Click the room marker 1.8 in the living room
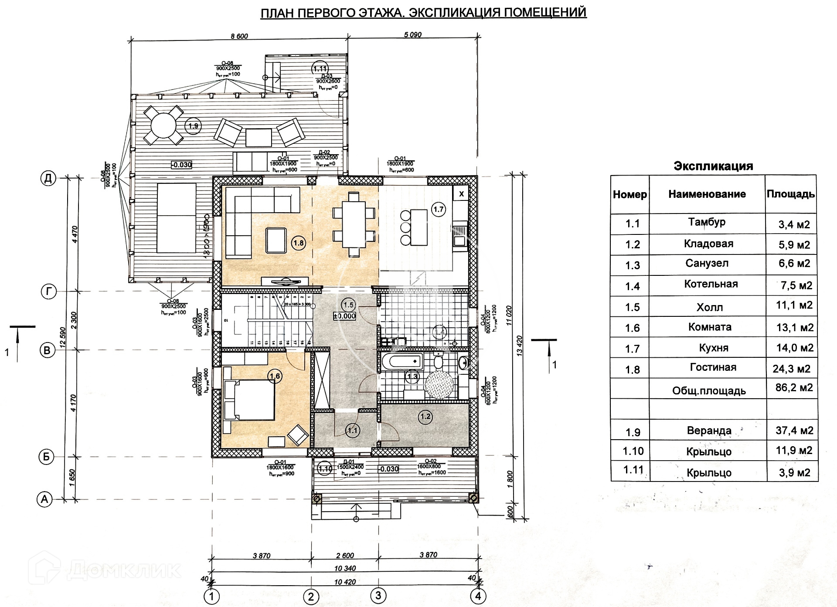(298, 243)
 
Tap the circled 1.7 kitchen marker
(438, 210)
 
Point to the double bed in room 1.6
(249, 400)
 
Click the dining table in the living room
(354, 224)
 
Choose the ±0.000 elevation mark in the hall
(344, 316)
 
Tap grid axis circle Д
(48, 178)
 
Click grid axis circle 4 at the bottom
(478, 596)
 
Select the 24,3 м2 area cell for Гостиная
(791, 369)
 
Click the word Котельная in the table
(711, 284)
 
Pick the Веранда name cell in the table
(709, 431)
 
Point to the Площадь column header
(790, 194)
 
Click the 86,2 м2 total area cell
(794, 387)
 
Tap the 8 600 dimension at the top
(239, 36)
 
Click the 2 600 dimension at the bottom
(345, 556)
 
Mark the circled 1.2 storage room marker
(425, 417)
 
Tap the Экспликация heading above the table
(713, 166)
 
